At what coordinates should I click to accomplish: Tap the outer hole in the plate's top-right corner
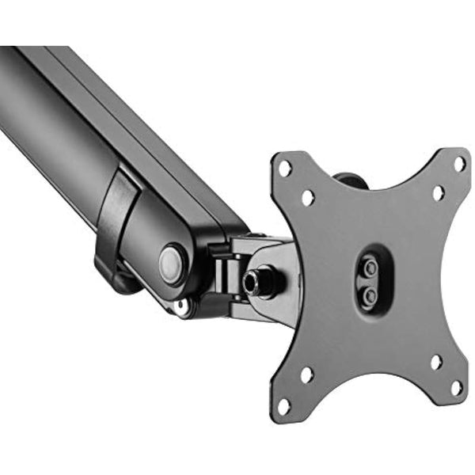coord(458,164)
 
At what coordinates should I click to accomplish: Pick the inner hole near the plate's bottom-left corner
coord(306,374)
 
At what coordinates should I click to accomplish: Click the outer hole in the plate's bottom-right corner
coord(456,388)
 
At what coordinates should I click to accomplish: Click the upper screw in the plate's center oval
coord(370,269)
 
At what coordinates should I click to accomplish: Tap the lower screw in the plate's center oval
coord(370,294)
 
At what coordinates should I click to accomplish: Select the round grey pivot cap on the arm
coord(172,264)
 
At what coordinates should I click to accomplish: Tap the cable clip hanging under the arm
coord(111,265)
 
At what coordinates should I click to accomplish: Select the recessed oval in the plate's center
coord(370,281)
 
